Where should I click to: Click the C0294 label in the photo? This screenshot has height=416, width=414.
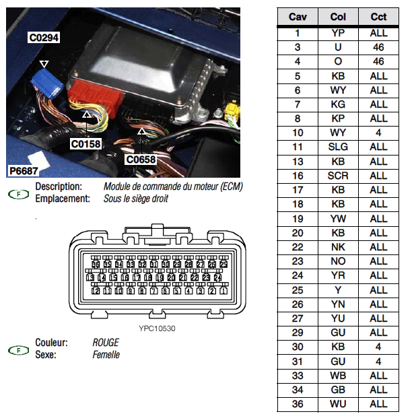[44, 38]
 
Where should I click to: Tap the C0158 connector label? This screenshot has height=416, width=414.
[85, 143]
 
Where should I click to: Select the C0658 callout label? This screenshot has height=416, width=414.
[141, 160]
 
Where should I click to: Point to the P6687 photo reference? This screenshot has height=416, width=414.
[23, 172]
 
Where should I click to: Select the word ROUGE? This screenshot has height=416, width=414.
[106, 343]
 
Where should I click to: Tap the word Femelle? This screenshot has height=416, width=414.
[106, 354]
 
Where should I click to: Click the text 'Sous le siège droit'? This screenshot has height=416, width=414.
[135, 199]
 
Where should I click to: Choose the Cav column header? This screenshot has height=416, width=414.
[298, 16]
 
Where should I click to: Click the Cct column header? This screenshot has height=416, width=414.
[378, 16]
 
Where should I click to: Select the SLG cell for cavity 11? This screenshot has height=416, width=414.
[338, 147]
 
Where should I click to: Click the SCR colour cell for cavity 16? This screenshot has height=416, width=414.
[338, 176]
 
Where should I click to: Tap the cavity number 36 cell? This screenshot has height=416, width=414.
[298, 404]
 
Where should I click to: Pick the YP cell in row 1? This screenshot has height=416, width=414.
[338, 32]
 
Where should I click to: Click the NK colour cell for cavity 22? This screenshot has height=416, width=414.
[338, 247]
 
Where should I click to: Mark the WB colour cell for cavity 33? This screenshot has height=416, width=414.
[338, 376]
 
